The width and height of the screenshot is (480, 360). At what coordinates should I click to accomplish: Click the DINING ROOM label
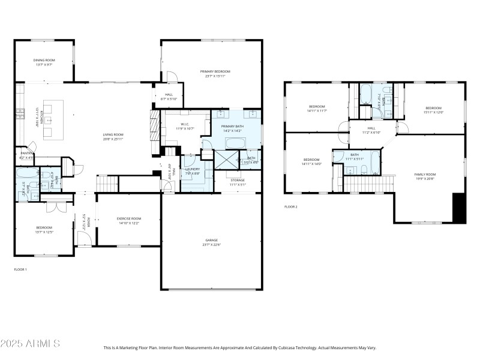coord(44,61)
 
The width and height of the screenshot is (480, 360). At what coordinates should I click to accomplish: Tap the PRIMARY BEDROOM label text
coord(215,71)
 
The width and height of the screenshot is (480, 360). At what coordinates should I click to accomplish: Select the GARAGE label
coord(211,241)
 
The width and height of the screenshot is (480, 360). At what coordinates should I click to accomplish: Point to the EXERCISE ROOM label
coord(129,218)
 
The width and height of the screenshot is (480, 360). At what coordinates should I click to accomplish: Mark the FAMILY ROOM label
coord(425,175)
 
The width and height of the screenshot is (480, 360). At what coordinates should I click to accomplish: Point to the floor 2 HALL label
coord(371,128)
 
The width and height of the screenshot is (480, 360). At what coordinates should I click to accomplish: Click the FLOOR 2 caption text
coord(291,206)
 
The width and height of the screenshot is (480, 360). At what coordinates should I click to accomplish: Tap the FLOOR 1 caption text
coord(20,269)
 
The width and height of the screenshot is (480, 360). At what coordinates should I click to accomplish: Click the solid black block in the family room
coord(459,208)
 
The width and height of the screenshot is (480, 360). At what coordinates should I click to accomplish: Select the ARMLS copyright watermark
coord(30,344)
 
